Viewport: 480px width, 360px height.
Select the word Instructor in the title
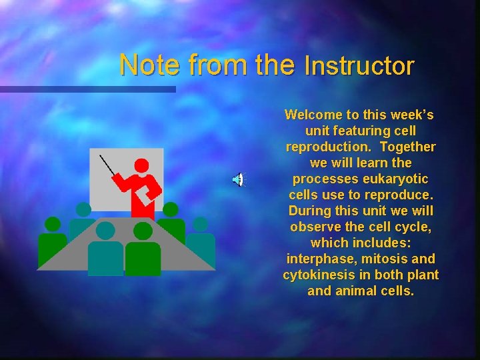[359, 66]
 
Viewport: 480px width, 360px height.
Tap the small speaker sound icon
[238, 179]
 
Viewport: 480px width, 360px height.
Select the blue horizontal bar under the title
[87, 89]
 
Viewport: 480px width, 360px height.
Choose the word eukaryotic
[395, 179]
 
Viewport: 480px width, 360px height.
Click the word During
[311, 211]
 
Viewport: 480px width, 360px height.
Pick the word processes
[324, 179]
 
